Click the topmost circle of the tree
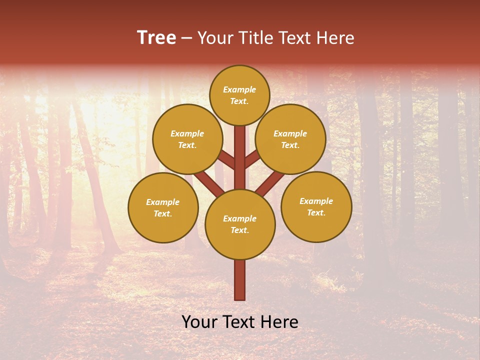pos(239,95)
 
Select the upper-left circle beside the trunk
pos(187,139)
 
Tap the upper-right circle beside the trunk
pos(290,139)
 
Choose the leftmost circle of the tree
pos(163,207)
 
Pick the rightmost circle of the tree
pos(316,206)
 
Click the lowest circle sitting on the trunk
pos(240,224)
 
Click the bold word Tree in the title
pos(156,37)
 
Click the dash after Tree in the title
pos(187,38)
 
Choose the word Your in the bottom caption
pos(199,322)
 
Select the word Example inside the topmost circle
pos(239,89)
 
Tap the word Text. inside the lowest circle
pos(239,230)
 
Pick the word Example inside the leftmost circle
pos(162,202)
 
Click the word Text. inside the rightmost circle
pos(316,212)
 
